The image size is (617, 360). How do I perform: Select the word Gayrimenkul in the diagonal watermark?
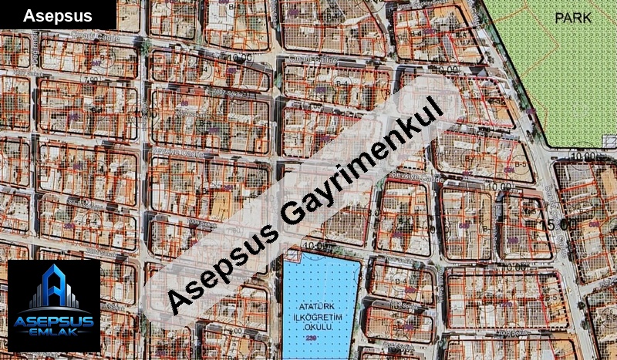tap(359, 166)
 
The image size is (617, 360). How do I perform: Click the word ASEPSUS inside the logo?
tap(53, 321)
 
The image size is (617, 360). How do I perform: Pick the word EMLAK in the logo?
tap(53, 334)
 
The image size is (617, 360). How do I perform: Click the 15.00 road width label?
tap(558, 224)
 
